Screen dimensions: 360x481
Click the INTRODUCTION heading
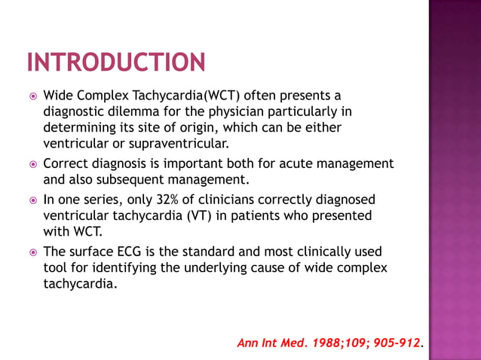(115, 62)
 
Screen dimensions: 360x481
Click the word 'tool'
(56, 268)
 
